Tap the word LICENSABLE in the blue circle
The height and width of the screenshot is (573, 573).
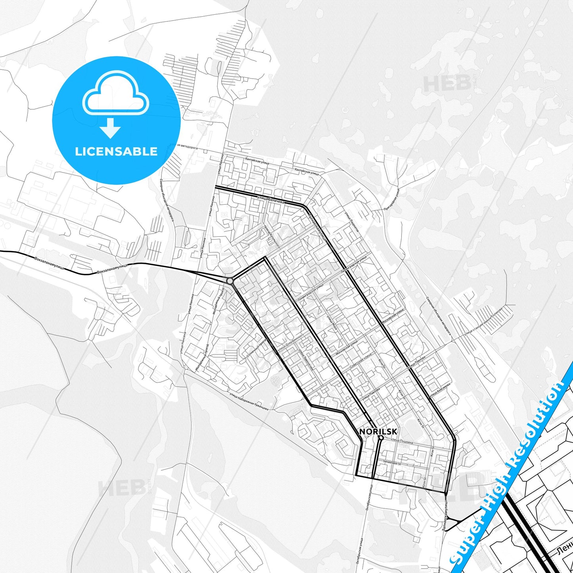tap(116, 151)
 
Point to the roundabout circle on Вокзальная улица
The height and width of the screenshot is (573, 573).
tap(230, 281)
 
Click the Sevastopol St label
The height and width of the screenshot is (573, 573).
tap(392, 462)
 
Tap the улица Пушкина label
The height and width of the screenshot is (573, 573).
tap(401, 441)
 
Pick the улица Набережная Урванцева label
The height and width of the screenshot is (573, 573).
tap(249, 401)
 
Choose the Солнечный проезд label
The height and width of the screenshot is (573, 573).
tap(256, 351)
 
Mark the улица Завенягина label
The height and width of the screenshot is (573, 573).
tap(306, 360)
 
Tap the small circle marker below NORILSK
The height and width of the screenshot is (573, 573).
tap(380, 438)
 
